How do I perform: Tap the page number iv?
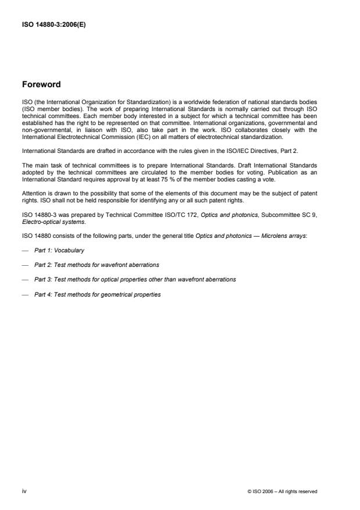tap(24, 491)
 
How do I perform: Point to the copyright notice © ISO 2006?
tap(282, 491)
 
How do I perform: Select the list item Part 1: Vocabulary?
tap(59, 249)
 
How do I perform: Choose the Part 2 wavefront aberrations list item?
tap(97, 265)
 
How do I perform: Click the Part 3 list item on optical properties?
tap(135, 279)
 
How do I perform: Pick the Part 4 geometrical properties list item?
tap(97, 294)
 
